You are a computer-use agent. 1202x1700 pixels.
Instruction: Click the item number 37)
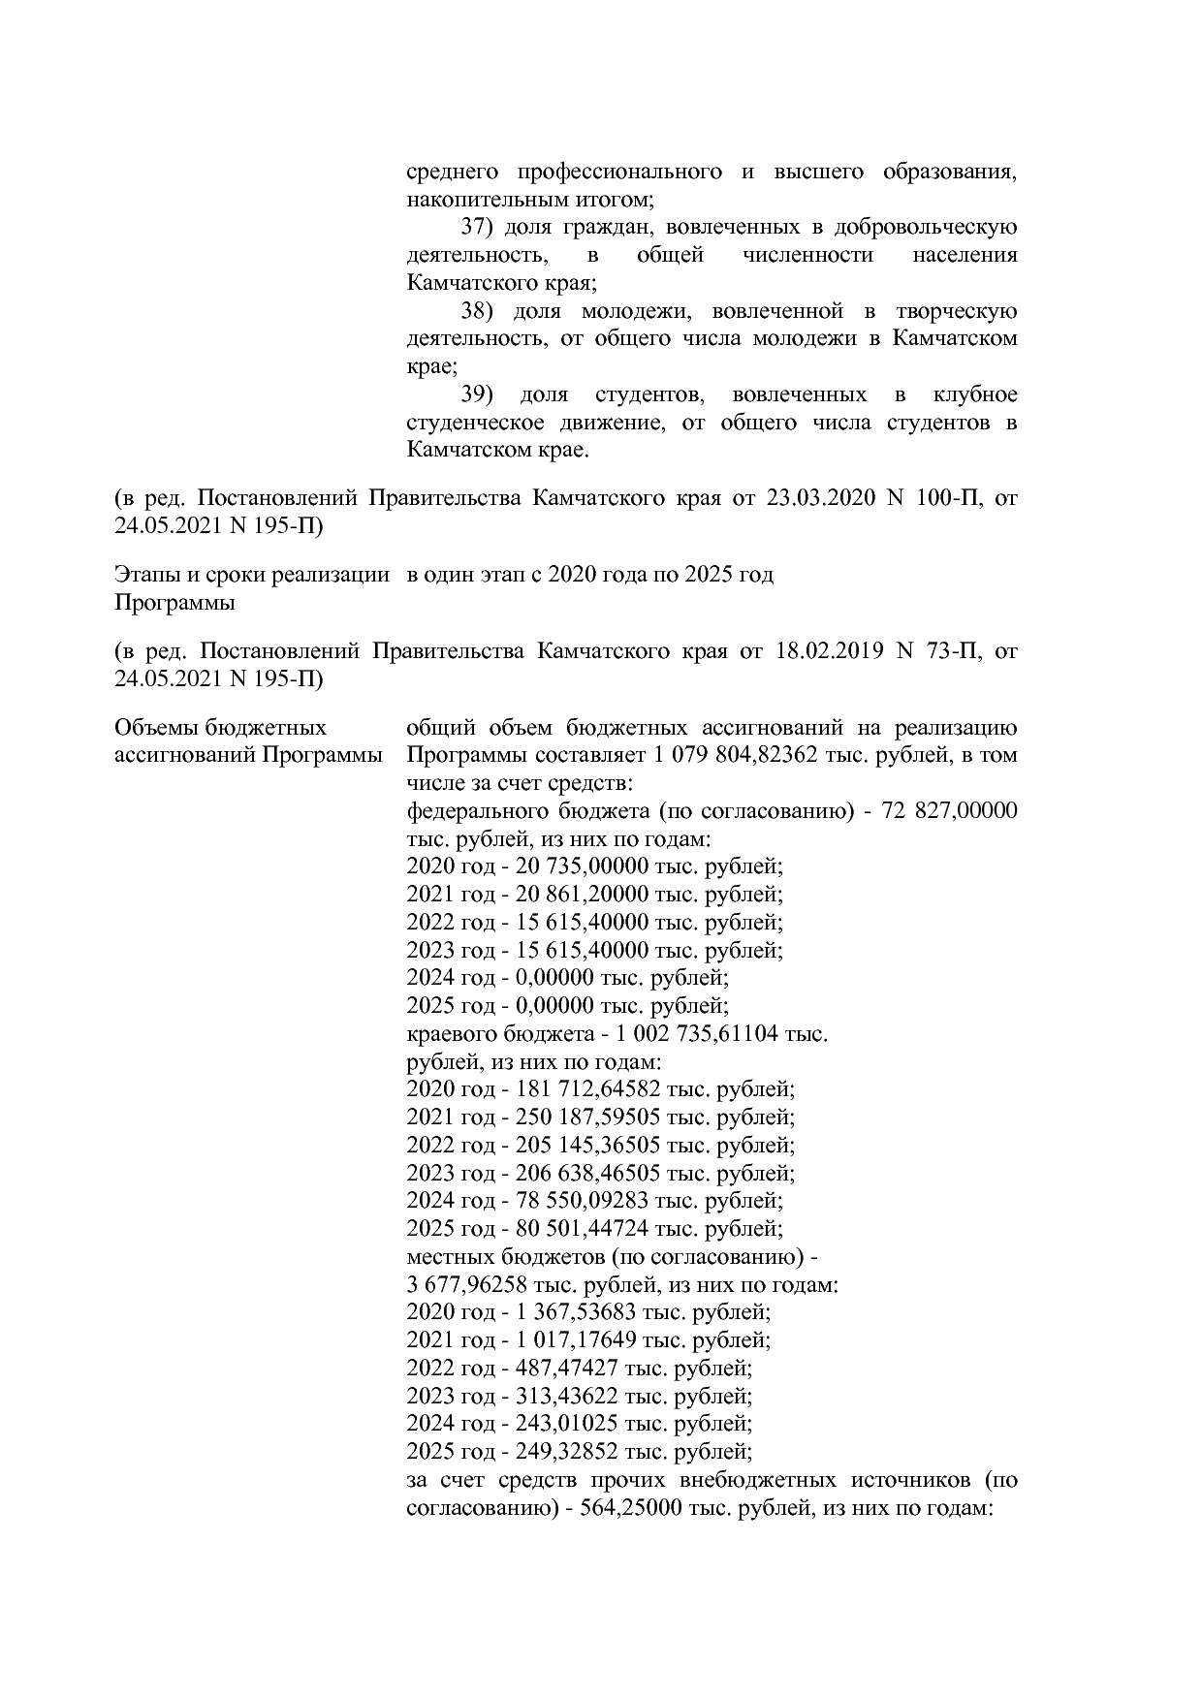(477, 228)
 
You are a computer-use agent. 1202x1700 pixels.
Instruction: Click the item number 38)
(477, 312)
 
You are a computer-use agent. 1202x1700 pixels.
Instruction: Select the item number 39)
(477, 395)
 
